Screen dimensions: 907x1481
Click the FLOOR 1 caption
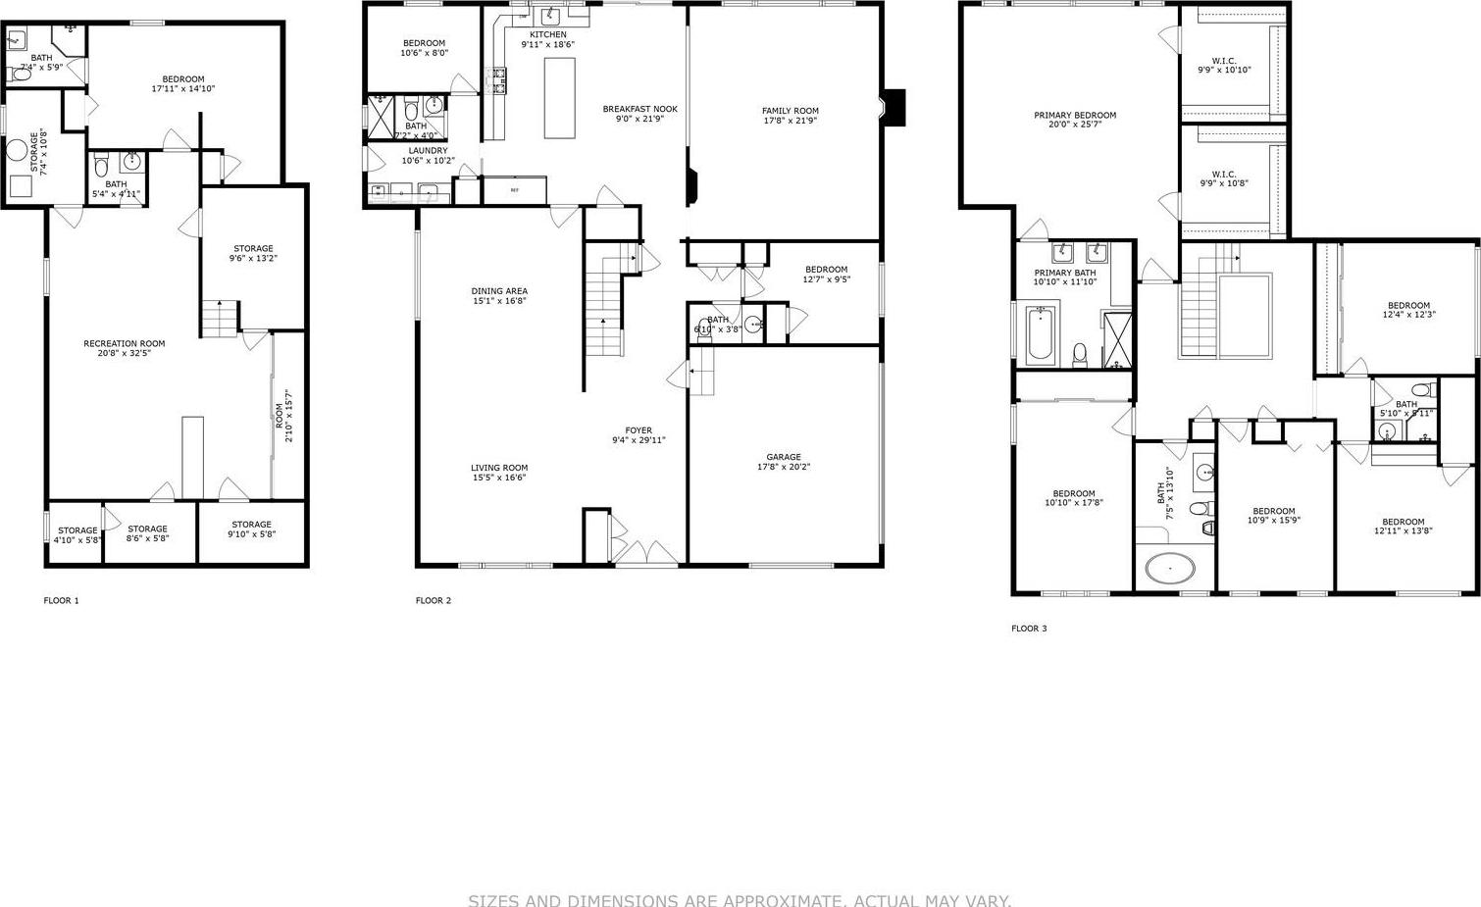(x=61, y=600)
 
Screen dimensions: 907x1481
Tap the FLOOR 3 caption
(x=1029, y=629)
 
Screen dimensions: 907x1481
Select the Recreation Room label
(x=124, y=348)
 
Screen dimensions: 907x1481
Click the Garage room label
(x=784, y=462)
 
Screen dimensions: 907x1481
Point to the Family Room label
(x=790, y=116)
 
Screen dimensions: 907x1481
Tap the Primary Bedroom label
(x=1075, y=120)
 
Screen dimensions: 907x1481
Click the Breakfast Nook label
(x=639, y=114)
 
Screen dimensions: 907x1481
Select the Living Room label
(x=499, y=473)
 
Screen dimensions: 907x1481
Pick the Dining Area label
(x=499, y=296)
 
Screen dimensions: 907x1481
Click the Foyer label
(x=638, y=435)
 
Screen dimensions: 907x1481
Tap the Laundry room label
(x=428, y=155)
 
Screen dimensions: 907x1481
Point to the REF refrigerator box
(x=514, y=190)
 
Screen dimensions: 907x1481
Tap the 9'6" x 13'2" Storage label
(x=253, y=253)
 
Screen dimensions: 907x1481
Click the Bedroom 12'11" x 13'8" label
(x=1403, y=527)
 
